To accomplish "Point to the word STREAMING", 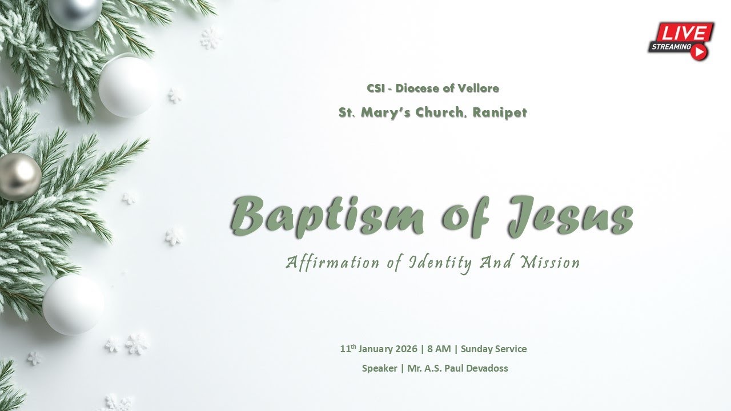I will point(670,47).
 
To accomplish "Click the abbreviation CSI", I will point(375,88).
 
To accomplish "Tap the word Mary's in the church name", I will point(381,112).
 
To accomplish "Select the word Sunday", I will point(477,349).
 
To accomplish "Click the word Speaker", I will point(379,368).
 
